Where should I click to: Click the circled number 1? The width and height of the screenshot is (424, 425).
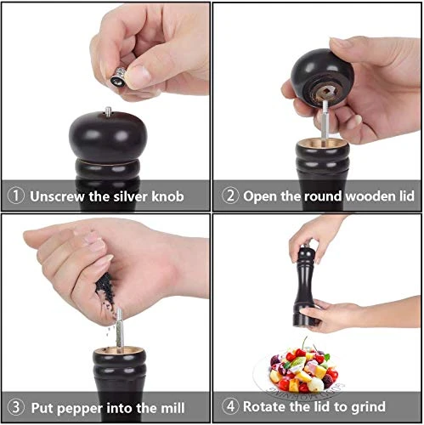(16, 195)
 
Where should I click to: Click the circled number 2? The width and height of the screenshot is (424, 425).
(229, 195)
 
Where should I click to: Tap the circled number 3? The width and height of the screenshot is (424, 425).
(16, 407)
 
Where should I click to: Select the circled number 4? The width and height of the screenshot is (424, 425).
(229, 407)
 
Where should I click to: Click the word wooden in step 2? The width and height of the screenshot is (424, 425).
(363, 195)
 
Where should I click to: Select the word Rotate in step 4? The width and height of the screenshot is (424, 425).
(269, 407)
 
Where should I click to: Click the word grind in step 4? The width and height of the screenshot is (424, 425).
(367, 407)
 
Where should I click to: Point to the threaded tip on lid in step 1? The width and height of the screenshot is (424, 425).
(110, 109)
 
